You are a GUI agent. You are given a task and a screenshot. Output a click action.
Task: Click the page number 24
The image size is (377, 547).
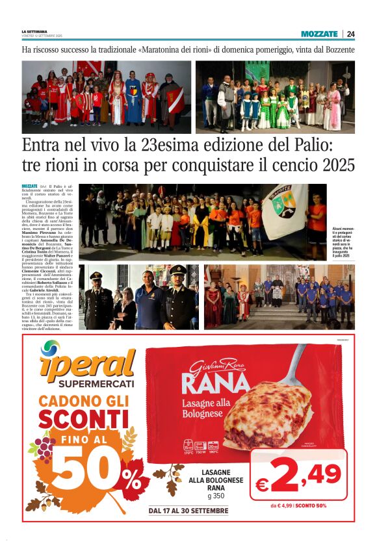click(x=351, y=34)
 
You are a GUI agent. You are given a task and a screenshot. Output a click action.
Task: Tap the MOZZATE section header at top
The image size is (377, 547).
click(x=319, y=34)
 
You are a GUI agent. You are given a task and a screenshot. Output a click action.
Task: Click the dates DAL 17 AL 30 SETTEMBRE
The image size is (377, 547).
click(x=188, y=511)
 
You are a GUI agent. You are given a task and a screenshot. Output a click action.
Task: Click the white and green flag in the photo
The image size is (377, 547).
click(x=282, y=211)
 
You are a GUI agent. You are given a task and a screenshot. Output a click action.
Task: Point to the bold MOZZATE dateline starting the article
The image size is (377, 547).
click(x=30, y=186)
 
